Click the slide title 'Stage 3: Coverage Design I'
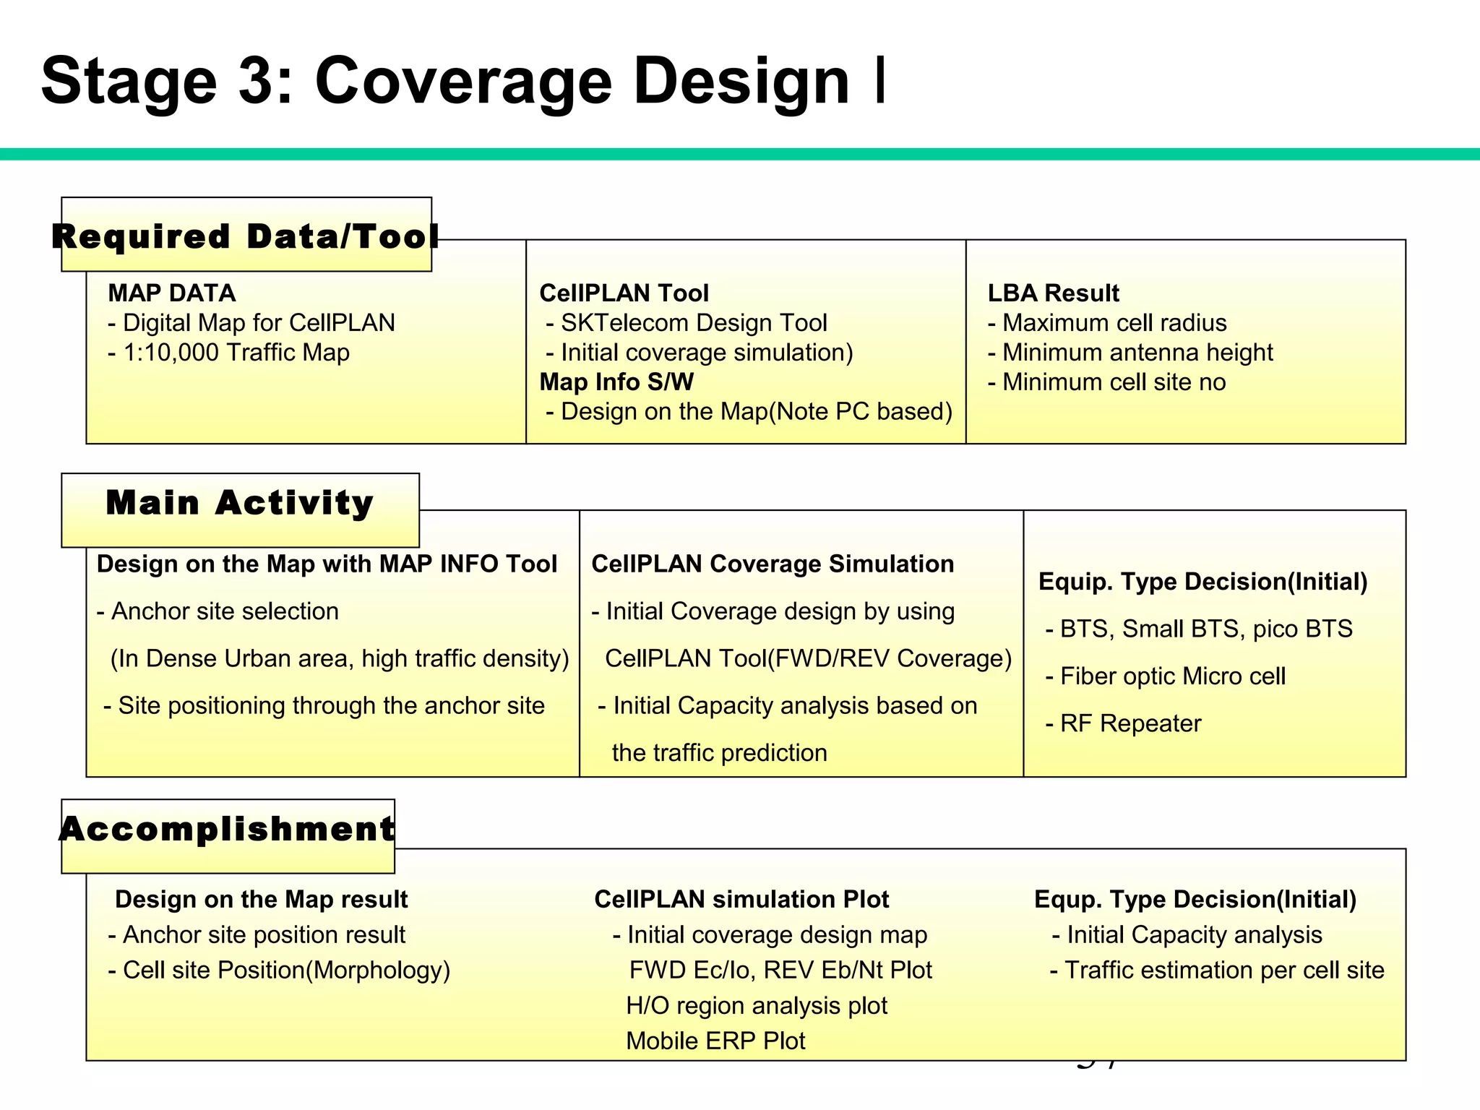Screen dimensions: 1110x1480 (462, 81)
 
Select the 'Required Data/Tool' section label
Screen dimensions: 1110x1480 (246, 236)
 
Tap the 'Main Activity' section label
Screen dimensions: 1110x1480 (240, 503)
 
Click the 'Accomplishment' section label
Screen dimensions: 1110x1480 (228, 829)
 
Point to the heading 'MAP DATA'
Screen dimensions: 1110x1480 (172, 293)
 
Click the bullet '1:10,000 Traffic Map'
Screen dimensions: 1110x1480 (229, 353)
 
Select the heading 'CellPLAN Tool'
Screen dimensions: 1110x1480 (624, 293)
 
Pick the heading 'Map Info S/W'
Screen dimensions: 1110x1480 (616, 382)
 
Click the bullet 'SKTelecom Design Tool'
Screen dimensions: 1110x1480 (687, 323)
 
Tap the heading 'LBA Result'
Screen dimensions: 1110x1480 (1053, 293)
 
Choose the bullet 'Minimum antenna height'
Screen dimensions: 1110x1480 (1130, 353)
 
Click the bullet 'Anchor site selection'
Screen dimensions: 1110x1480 (218, 611)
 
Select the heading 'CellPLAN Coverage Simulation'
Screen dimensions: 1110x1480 (773, 564)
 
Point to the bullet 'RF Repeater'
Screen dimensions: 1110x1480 (1123, 723)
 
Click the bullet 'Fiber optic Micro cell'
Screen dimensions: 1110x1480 (1165, 676)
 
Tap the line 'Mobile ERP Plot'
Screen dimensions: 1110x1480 (715, 1041)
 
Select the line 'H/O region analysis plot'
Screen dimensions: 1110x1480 (757, 1005)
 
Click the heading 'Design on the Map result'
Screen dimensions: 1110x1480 (262, 900)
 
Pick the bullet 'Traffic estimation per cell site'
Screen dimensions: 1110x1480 (1217, 970)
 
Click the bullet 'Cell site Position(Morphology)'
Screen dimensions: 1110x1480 (279, 970)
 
